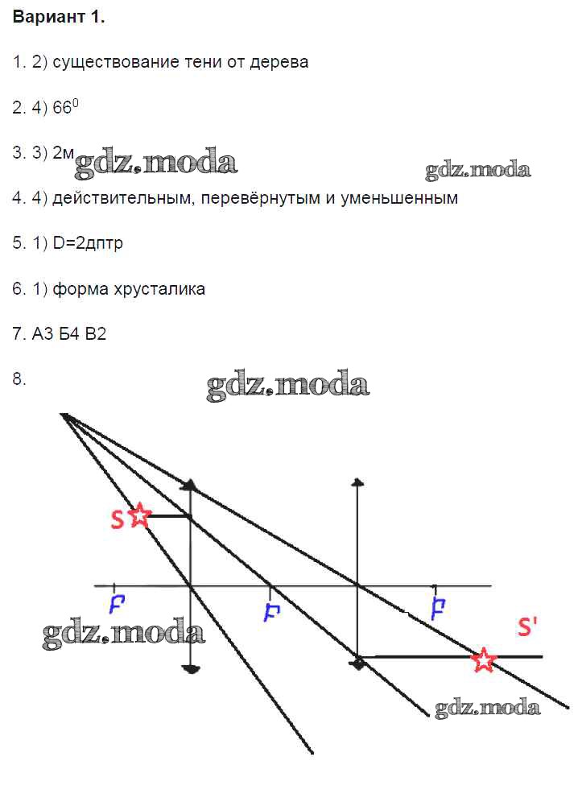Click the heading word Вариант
pos(49,17)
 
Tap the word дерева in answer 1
pos(279,63)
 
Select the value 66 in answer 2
pos(62,108)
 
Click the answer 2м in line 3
pos(64,152)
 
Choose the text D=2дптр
pos(88,243)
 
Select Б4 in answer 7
pos(69,334)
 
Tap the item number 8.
pos(19,379)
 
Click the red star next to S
pos(139,515)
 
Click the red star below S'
pos(483,659)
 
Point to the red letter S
pos(117,519)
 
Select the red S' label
pos(527,626)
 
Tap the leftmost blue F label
pos(117,605)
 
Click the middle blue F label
pos(271,612)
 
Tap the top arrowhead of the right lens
pos(358,482)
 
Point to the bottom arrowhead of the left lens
pos(191,669)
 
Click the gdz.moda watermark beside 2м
pos(156,163)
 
